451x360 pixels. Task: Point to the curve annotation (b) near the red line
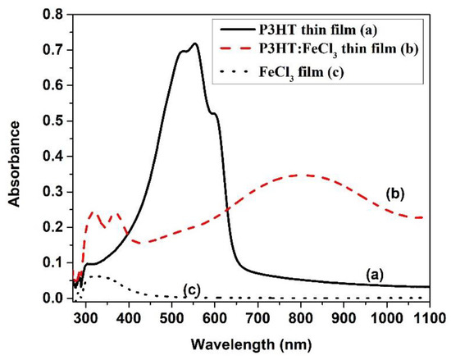click(x=394, y=197)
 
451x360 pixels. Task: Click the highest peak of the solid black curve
click(x=194, y=43)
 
